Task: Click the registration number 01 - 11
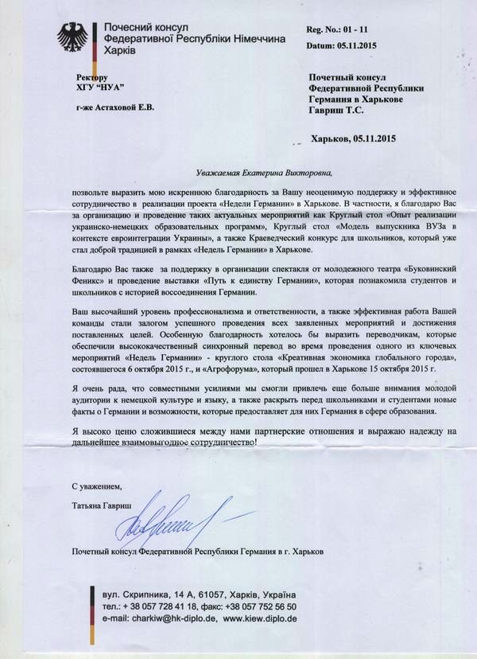pos(359,29)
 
